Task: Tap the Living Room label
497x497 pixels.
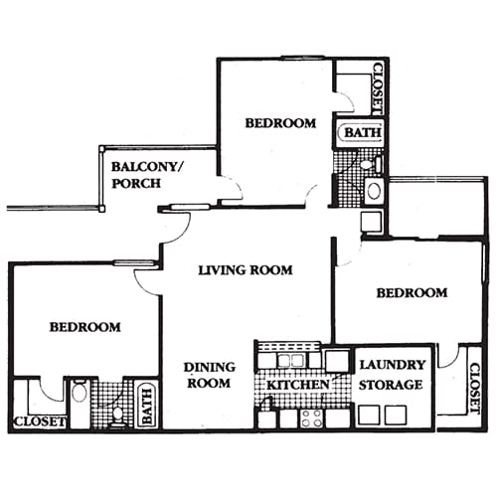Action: click(x=245, y=269)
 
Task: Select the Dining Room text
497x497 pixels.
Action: click(x=209, y=375)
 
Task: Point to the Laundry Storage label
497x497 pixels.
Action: click(x=392, y=375)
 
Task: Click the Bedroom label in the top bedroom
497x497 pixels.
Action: click(x=280, y=123)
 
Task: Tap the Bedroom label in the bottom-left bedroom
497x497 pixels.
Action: click(x=85, y=326)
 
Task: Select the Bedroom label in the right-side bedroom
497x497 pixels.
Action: click(x=412, y=292)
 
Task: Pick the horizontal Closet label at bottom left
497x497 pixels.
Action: click(x=39, y=421)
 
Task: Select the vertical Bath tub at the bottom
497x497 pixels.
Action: click(x=146, y=405)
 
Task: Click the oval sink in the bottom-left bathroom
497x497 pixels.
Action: click(x=80, y=393)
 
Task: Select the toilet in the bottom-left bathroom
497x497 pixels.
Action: click(x=118, y=413)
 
